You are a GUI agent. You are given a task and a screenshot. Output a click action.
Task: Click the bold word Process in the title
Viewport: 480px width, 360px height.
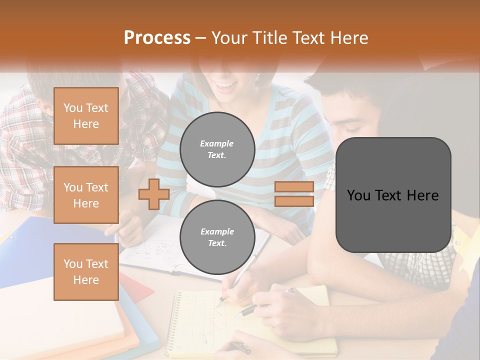tap(157, 38)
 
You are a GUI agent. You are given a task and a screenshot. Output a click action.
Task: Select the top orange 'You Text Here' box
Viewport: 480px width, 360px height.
tap(86, 116)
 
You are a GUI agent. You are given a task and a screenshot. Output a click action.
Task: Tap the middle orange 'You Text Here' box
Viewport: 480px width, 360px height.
tap(86, 195)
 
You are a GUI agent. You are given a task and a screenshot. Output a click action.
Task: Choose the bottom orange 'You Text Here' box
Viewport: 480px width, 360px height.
tap(86, 271)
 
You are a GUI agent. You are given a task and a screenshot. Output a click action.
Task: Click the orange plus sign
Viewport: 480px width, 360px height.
tap(153, 194)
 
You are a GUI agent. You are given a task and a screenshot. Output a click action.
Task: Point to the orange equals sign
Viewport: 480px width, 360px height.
tap(294, 194)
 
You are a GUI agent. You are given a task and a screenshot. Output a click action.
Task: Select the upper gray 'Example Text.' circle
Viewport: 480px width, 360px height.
tap(217, 149)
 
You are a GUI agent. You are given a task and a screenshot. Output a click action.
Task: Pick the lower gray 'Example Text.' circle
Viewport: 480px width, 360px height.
tap(217, 237)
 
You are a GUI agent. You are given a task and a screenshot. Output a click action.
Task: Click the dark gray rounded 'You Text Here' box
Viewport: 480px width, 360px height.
tap(393, 195)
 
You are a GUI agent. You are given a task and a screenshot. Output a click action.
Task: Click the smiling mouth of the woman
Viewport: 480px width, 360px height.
tap(227, 86)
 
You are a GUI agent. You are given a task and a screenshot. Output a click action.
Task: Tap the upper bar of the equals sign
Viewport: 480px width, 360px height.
tap(294, 187)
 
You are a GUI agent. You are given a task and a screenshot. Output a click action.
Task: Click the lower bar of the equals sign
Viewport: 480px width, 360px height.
tap(294, 201)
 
